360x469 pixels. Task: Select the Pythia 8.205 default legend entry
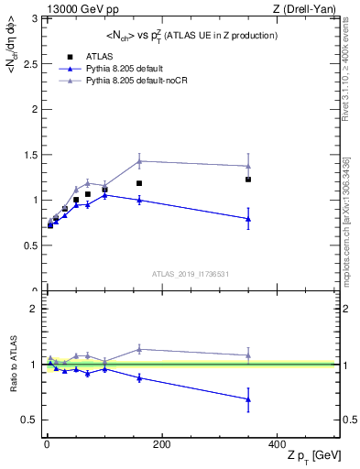(x=121, y=68)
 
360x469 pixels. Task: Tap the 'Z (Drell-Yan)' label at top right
(x=309, y=8)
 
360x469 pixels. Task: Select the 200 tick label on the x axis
(x=161, y=443)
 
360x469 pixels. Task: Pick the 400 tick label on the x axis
(x=277, y=443)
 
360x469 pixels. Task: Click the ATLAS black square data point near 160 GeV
(x=139, y=183)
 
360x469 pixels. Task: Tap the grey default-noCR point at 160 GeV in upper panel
(x=139, y=161)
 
